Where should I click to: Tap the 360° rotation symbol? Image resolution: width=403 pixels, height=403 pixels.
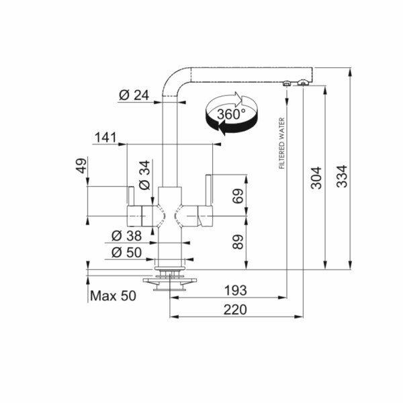[x=231, y=114]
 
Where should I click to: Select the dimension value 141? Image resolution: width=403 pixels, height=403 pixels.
[x=105, y=138]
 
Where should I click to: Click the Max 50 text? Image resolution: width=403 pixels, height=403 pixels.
[x=113, y=296]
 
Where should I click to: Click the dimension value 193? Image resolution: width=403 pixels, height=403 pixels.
[x=234, y=290]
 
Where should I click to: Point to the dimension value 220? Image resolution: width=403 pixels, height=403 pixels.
[x=234, y=310]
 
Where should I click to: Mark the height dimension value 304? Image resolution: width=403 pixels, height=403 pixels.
[x=318, y=177]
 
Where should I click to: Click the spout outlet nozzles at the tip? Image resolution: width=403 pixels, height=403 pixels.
[x=296, y=83]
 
